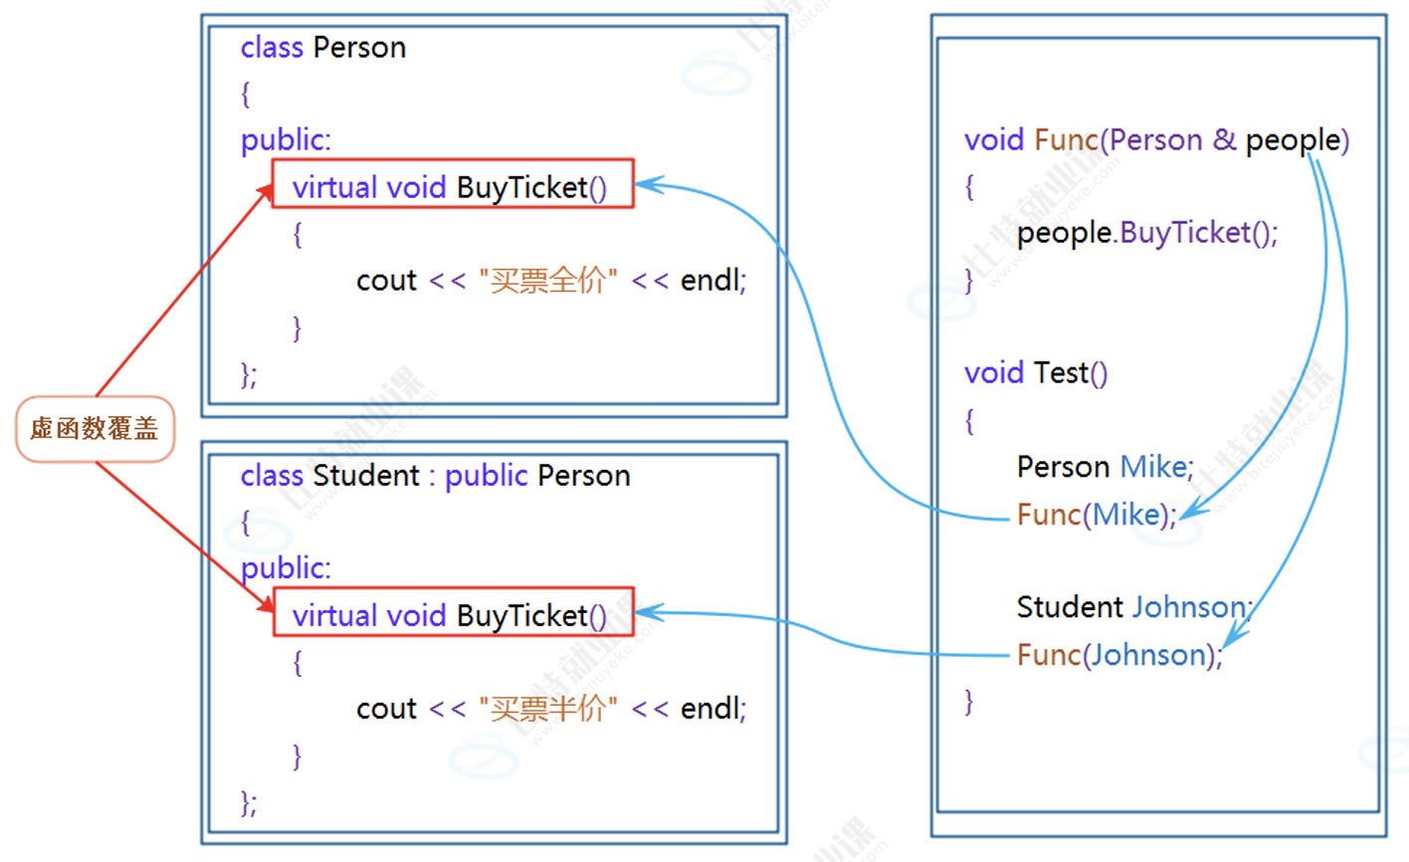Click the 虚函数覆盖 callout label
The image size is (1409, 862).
coord(95,429)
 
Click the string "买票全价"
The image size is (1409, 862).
coord(548,281)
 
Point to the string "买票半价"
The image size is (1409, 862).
coord(548,709)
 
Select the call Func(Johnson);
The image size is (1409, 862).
coord(1118,655)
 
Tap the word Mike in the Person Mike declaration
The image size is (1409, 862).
coord(1154,467)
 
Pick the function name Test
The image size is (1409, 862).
coord(1061,373)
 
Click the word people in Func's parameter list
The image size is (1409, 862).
coord(1293,141)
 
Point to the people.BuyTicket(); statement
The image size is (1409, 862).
coord(1146,233)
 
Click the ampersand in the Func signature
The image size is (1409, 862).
coord(1224,140)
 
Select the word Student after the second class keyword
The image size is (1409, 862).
coord(365,476)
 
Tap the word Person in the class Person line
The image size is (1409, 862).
coord(359,48)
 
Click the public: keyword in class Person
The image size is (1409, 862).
coord(286,140)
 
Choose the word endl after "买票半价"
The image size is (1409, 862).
coord(711,709)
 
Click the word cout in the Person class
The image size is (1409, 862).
coord(386,281)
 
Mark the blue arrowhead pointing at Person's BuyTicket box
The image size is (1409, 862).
coord(645,184)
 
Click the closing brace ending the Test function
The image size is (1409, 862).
coord(969,702)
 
